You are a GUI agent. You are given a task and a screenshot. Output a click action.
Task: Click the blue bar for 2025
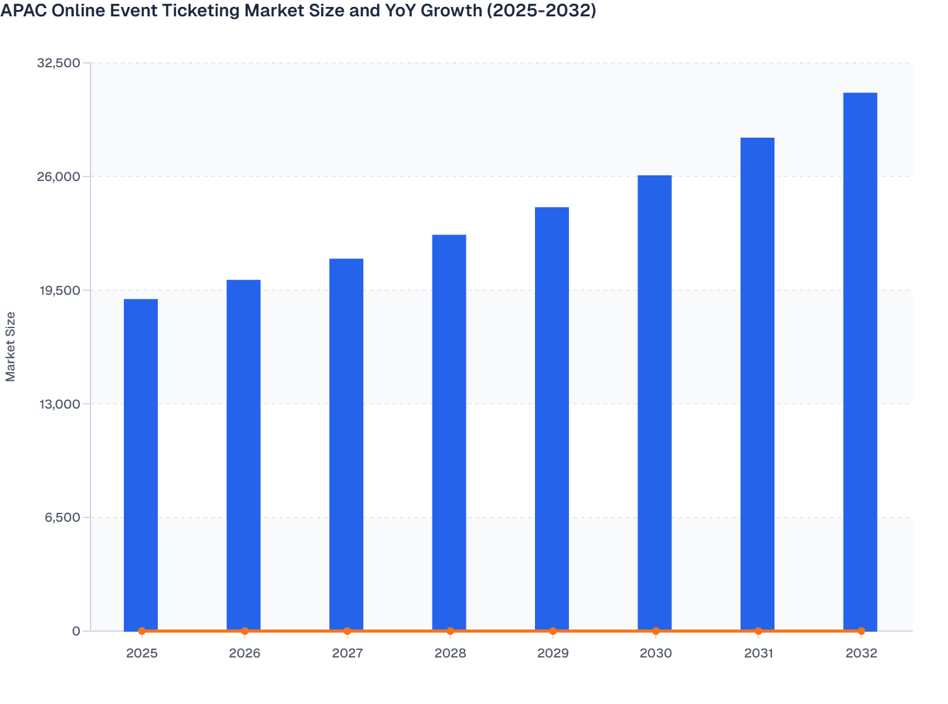click(141, 465)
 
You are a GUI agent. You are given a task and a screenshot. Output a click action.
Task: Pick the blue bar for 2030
click(654, 403)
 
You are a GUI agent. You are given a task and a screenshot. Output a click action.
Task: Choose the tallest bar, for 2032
click(860, 361)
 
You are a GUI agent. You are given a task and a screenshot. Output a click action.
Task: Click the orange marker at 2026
click(245, 631)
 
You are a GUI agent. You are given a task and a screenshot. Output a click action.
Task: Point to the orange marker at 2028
click(450, 631)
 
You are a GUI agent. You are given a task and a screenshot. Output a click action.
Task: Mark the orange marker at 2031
click(758, 631)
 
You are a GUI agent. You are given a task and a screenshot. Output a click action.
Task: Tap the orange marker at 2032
click(861, 631)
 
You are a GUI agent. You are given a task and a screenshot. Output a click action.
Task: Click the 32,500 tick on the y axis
click(59, 63)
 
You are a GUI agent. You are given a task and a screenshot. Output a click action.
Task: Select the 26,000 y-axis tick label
click(59, 177)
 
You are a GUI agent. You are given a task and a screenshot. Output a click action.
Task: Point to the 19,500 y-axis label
click(59, 290)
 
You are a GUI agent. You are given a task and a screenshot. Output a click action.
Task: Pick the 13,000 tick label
click(59, 404)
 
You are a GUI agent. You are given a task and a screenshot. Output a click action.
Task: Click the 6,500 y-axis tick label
click(62, 518)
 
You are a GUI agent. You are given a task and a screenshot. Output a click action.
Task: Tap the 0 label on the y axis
click(76, 632)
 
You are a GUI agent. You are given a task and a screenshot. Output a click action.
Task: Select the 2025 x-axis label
click(141, 654)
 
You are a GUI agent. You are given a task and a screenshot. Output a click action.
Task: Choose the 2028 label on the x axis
click(450, 654)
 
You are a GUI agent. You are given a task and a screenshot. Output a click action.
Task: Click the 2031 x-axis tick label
click(758, 654)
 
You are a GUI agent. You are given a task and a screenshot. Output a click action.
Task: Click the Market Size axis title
click(11, 346)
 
